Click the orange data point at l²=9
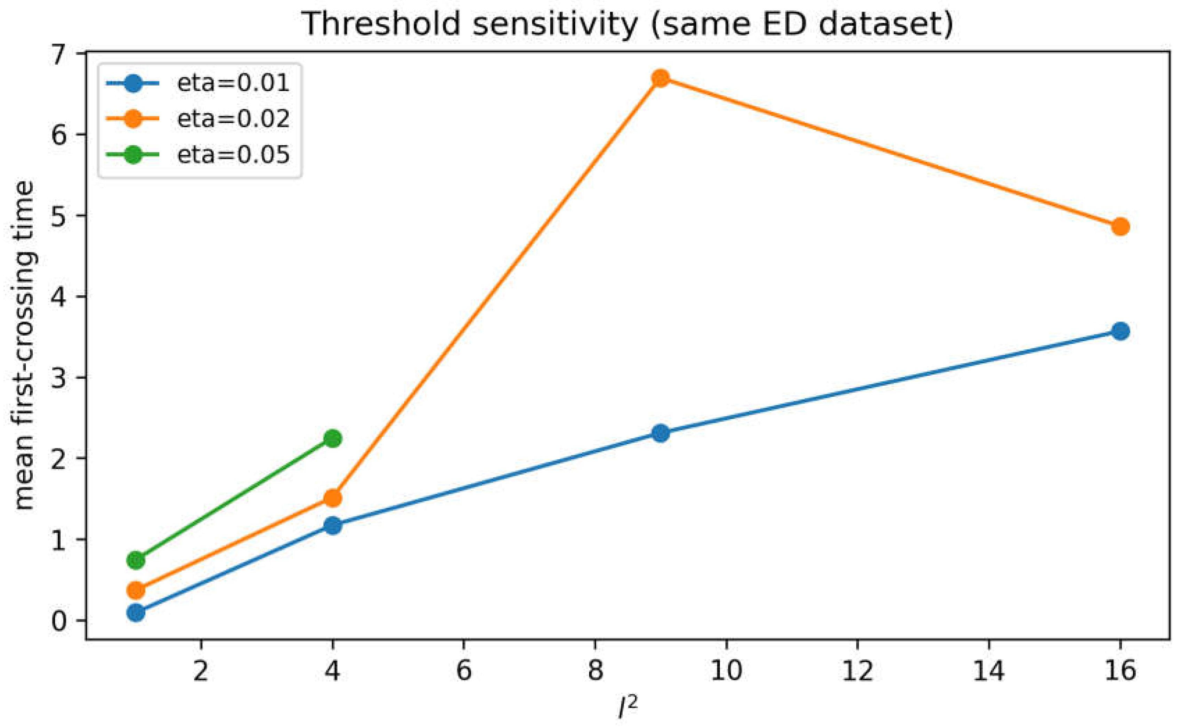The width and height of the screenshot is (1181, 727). pos(661,78)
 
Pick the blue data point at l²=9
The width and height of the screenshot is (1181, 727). pos(661,433)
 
